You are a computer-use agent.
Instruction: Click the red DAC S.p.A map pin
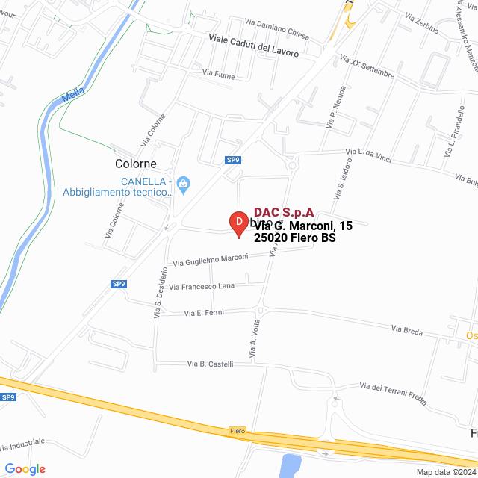point(238,223)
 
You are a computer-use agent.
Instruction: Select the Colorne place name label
point(135,164)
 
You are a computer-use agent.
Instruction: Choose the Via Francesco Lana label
point(202,285)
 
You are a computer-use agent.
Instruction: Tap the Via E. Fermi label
point(204,312)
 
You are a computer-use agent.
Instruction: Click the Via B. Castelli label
point(211,364)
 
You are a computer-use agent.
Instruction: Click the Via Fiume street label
point(218,72)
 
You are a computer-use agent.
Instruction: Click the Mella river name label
point(73,96)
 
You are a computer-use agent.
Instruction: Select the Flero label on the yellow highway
point(238,431)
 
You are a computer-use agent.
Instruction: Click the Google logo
point(25,469)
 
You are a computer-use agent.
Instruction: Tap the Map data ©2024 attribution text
point(446,472)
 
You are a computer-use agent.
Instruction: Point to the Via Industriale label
point(22,445)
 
